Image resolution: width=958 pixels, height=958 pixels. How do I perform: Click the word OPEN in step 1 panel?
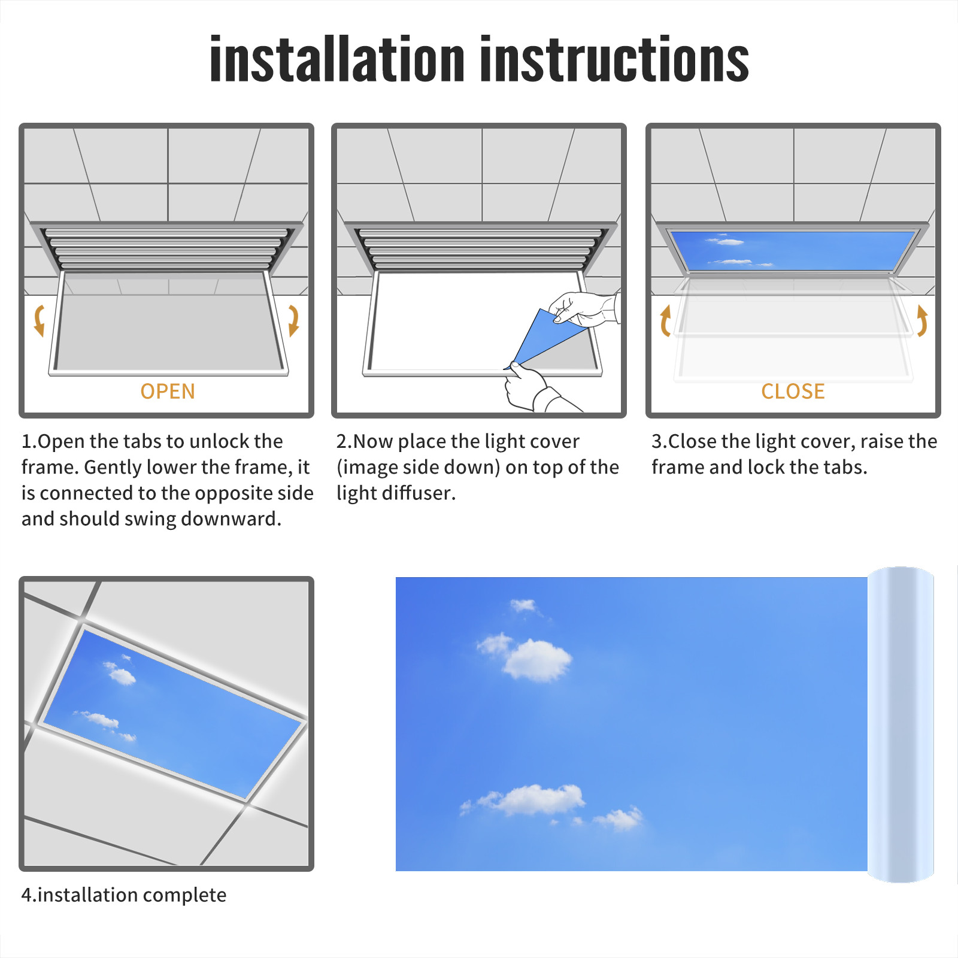(x=168, y=392)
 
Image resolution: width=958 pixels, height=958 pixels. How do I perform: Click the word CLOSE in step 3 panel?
(x=793, y=392)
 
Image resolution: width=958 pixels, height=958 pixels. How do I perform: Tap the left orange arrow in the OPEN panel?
(x=40, y=320)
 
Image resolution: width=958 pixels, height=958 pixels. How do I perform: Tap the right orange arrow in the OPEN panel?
(x=293, y=320)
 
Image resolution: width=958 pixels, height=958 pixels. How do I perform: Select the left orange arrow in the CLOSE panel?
(x=665, y=321)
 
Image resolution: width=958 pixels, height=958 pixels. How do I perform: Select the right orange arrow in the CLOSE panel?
(x=922, y=321)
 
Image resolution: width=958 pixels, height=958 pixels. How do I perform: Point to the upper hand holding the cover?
(x=584, y=308)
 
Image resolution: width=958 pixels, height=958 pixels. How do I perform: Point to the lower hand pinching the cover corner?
(x=533, y=389)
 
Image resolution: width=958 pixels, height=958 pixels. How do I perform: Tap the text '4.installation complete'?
(x=124, y=895)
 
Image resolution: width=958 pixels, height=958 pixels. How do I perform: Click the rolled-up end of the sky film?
(x=901, y=724)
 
